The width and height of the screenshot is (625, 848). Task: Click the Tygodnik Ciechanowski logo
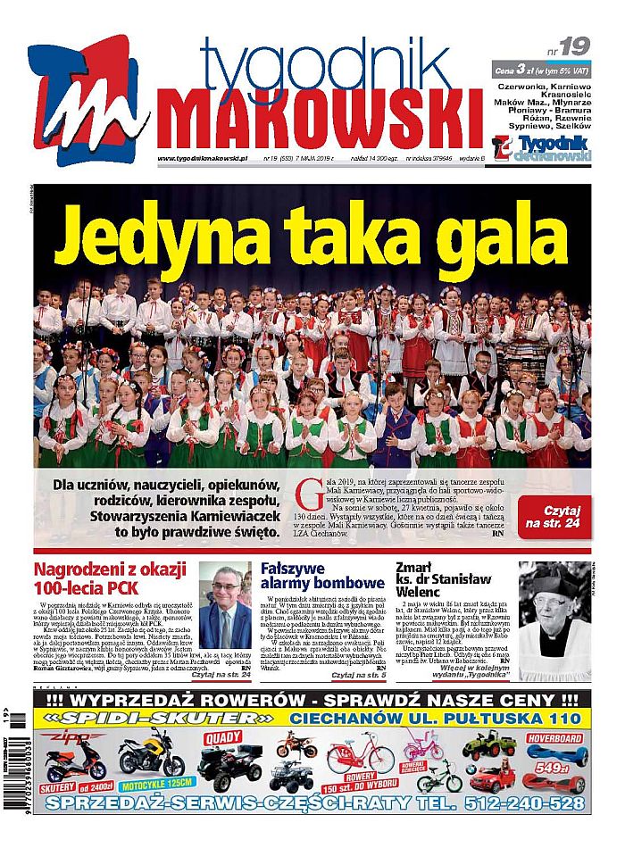coord(541,147)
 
